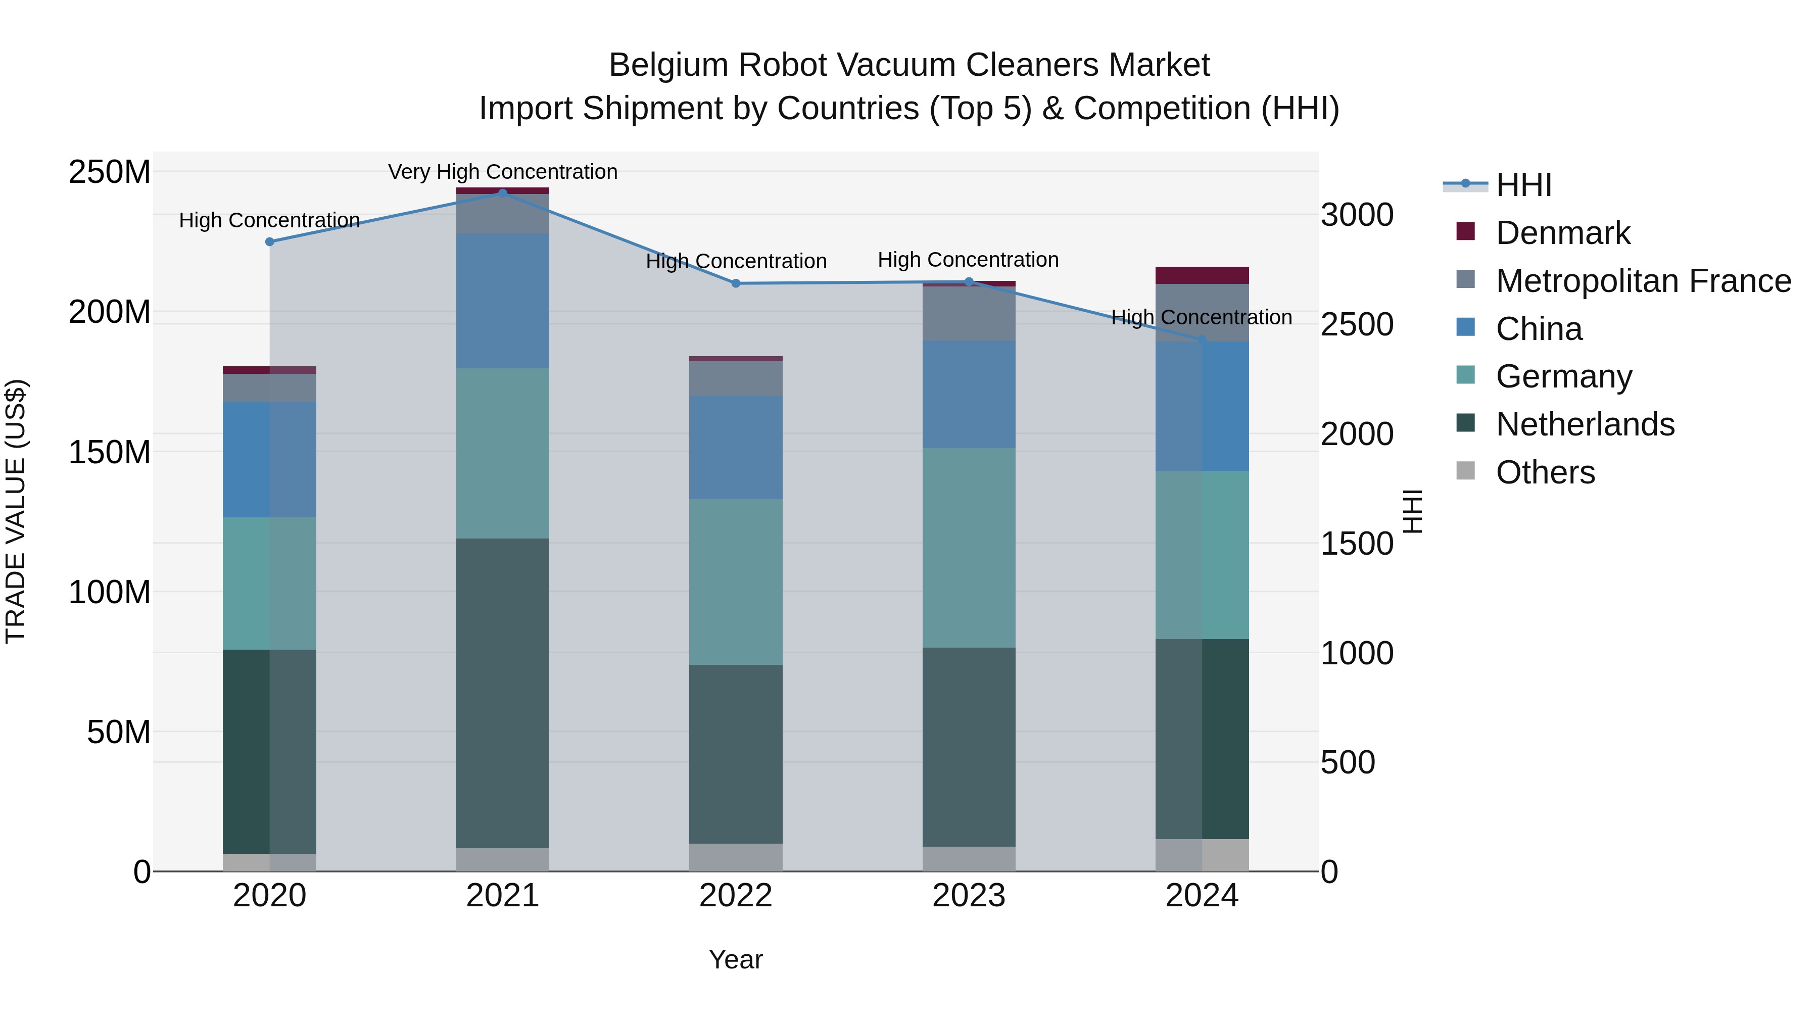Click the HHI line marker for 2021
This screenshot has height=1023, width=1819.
[502, 193]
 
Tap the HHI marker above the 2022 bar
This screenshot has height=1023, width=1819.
[736, 283]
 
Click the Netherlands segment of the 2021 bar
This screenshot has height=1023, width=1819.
[502, 692]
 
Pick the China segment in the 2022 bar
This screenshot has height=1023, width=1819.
[736, 448]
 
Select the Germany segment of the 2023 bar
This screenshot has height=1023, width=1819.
[969, 547]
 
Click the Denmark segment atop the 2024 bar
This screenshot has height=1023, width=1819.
[1202, 275]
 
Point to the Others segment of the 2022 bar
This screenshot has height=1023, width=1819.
[736, 857]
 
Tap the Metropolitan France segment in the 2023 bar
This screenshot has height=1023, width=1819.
[969, 313]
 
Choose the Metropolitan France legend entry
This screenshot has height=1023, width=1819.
[1643, 280]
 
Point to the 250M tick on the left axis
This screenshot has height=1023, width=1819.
[110, 172]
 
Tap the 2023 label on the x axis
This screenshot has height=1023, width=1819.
[969, 895]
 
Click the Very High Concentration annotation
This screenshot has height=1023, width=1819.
[502, 172]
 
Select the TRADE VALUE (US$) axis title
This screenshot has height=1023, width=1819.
[16, 511]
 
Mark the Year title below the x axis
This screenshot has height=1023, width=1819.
[736, 959]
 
